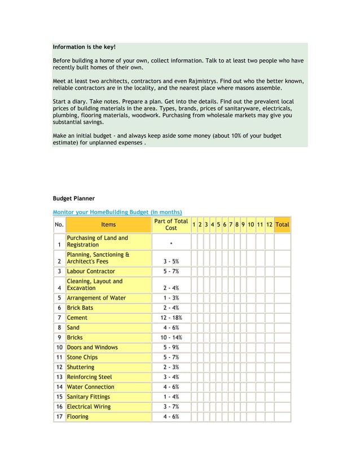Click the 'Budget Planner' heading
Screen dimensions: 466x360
pos(74,199)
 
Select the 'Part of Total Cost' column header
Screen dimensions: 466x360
pos(170,224)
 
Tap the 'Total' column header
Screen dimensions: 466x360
pos(282,225)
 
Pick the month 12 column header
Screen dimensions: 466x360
pos(269,225)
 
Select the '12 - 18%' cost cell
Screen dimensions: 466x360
pos(170,318)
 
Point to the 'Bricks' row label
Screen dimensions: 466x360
pos(76,337)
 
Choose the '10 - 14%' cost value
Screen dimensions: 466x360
pos(170,337)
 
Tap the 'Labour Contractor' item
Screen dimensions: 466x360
pos(91,271)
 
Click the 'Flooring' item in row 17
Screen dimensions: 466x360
pos(77,417)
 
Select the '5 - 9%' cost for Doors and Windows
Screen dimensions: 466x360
pos(170,348)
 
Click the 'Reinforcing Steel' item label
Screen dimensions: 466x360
pos(89,377)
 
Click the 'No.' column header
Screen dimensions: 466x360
pos(59,225)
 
